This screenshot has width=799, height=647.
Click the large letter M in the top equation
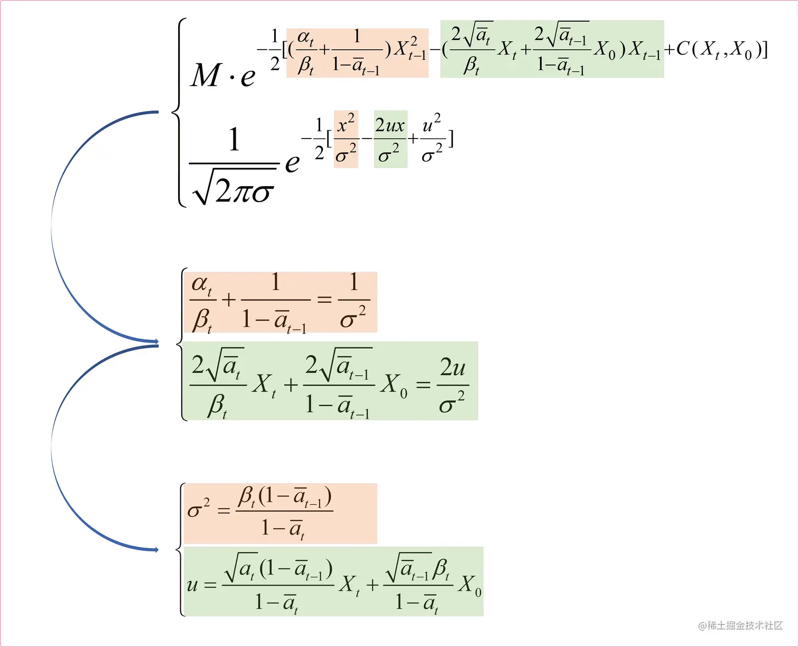point(206,75)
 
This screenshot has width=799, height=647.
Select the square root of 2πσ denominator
point(234,188)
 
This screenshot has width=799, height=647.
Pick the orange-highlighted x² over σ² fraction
point(346,140)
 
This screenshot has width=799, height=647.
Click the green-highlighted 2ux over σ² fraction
point(390,140)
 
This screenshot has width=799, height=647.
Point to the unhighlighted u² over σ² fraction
point(432,140)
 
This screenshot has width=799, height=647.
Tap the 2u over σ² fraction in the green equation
point(452,385)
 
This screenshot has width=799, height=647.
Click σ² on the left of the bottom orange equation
point(199,509)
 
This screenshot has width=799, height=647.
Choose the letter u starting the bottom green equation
point(192,585)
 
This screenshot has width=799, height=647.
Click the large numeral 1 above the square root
point(234,140)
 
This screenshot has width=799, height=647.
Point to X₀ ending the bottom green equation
point(470,585)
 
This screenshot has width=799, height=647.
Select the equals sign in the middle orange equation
point(324,300)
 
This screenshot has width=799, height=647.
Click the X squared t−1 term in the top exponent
point(410,49)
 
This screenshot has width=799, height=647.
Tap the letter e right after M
point(248,77)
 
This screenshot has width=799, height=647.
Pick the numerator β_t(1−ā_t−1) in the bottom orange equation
point(285,497)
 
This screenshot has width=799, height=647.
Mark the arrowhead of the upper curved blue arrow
point(155,341)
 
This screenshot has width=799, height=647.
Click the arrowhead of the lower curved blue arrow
point(155,550)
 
